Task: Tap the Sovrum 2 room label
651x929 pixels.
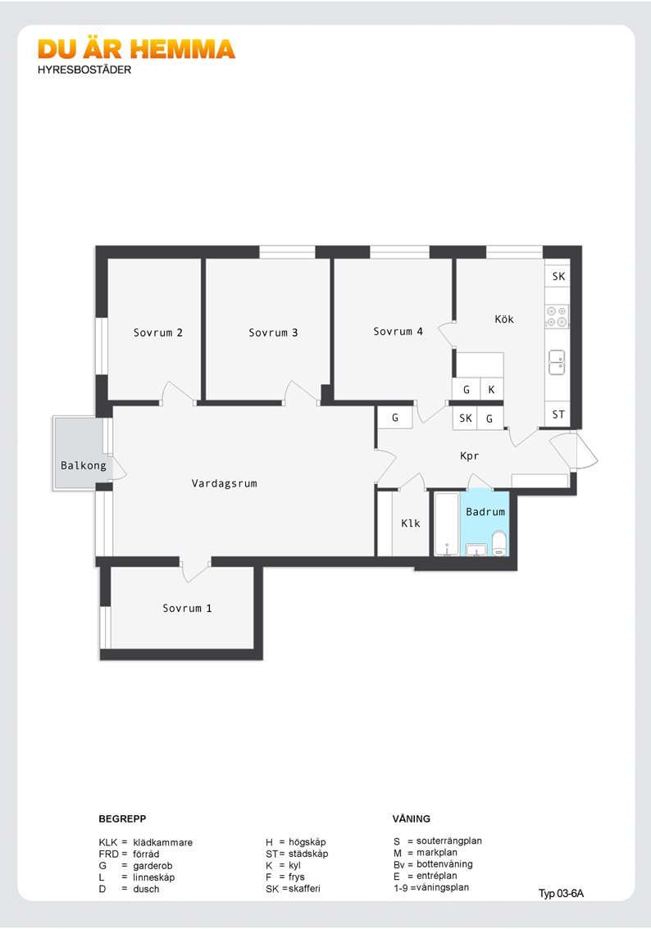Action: click(157, 333)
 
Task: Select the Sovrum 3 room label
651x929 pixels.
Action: click(273, 333)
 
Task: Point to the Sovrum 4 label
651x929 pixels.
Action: click(398, 332)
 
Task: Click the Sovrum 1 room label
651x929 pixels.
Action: click(187, 609)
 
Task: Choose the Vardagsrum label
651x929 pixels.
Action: click(224, 483)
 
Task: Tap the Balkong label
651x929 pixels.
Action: click(84, 465)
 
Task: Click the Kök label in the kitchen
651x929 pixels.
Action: click(504, 319)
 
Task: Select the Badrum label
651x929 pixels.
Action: click(485, 512)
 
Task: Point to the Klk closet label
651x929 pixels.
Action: click(410, 523)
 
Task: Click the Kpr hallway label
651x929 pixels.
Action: click(469, 456)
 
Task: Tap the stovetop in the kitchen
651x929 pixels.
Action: click(557, 316)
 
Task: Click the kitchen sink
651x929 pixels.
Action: click(557, 363)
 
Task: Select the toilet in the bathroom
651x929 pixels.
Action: click(499, 543)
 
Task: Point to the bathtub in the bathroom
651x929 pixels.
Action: click(447, 524)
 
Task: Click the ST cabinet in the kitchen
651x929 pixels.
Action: click(558, 415)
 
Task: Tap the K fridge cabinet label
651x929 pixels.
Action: click(491, 390)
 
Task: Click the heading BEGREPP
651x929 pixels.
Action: click(122, 818)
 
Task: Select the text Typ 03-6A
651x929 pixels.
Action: click(561, 894)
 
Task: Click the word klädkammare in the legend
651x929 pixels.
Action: click(162, 842)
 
